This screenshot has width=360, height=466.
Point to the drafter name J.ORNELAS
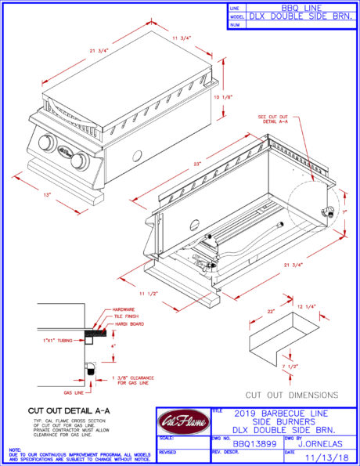click(321, 443)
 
